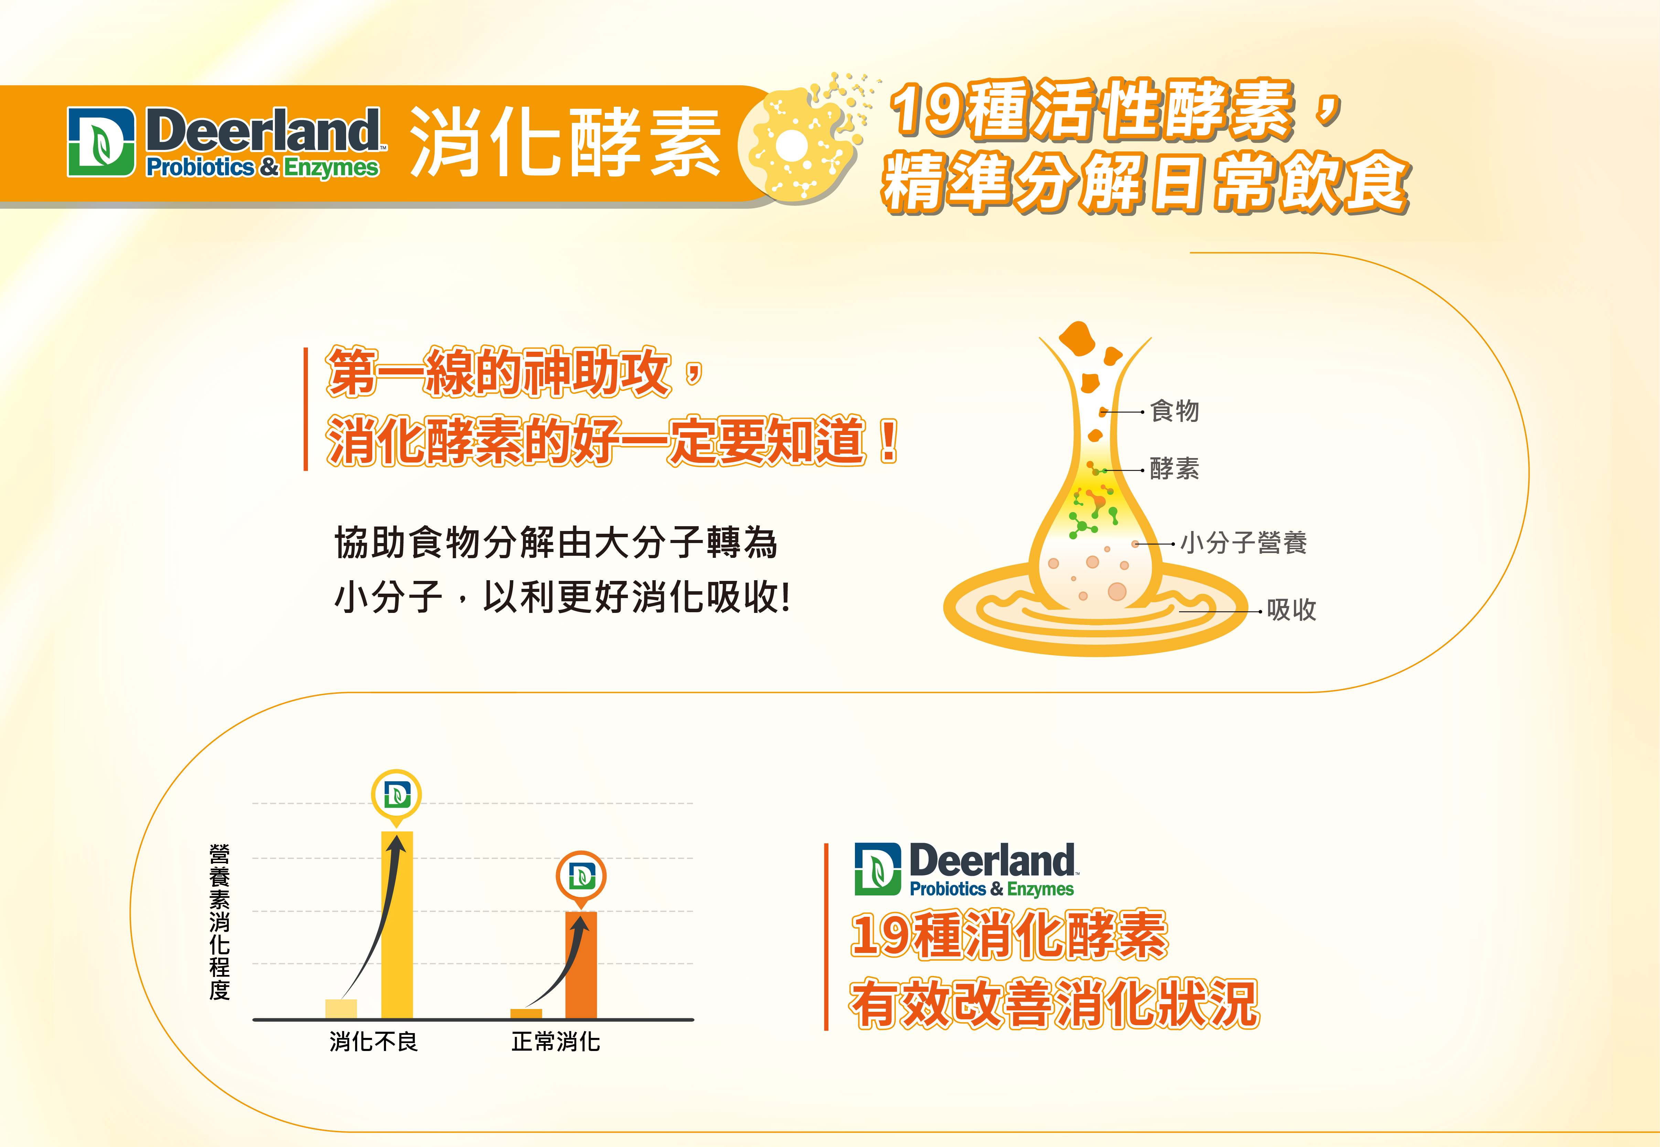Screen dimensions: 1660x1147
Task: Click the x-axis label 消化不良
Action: tap(374, 1041)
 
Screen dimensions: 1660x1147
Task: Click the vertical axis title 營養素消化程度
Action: tap(220, 922)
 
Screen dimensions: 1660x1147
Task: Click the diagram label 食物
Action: tap(1175, 411)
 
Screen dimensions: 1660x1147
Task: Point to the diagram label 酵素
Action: tap(1175, 469)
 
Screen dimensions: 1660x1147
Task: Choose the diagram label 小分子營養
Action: tap(1243, 543)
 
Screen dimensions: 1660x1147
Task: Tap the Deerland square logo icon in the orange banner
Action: tap(101, 142)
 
